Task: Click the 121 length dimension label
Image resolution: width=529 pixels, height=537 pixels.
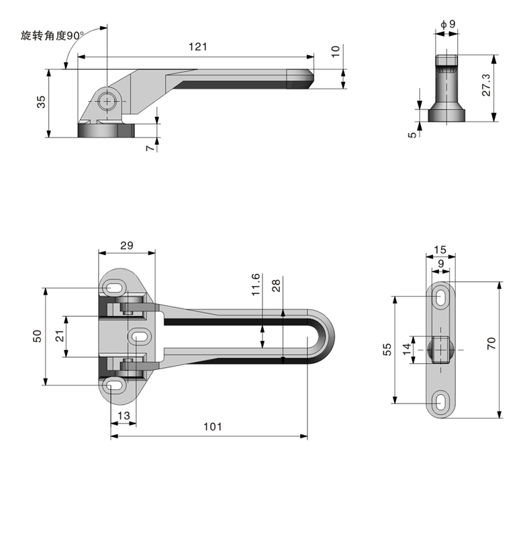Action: pyautogui.click(x=197, y=46)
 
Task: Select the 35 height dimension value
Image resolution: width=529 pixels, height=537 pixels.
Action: pyautogui.click(x=41, y=103)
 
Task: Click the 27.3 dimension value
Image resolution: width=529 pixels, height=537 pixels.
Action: pyautogui.click(x=487, y=85)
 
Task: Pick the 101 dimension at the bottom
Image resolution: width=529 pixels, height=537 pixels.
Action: pyautogui.click(x=211, y=426)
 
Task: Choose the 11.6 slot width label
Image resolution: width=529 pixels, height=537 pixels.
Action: pyautogui.click(x=254, y=285)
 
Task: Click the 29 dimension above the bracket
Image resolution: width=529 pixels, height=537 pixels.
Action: pyautogui.click(x=126, y=246)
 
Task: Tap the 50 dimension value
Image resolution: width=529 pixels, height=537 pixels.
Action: pyautogui.click(x=38, y=336)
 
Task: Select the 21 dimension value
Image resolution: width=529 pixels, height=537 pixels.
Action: pyautogui.click(x=59, y=335)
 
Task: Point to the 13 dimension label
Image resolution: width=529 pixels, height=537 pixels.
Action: pyautogui.click(x=124, y=416)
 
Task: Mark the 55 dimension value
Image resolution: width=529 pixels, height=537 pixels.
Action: pyautogui.click(x=388, y=348)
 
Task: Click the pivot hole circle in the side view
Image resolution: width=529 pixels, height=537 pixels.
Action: pyautogui.click(x=106, y=102)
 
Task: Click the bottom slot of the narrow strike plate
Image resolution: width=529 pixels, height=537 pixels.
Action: pyautogui.click(x=442, y=401)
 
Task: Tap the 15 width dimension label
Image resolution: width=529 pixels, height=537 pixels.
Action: pyautogui.click(x=440, y=250)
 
